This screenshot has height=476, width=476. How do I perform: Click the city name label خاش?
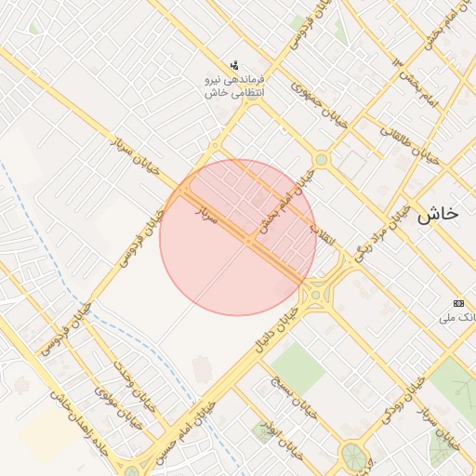pyautogui.click(x=437, y=214)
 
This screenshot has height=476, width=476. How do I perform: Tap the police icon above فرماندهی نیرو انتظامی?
pyautogui.click(x=235, y=66)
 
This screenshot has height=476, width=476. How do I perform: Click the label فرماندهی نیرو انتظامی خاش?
pyautogui.click(x=234, y=86)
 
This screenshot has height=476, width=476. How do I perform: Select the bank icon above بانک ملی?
pyautogui.click(x=457, y=304)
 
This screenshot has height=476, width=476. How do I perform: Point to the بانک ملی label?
pyautogui.click(x=460, y=318)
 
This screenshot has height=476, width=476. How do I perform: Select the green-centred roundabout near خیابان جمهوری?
pyautogui.click(x=321, y=160)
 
